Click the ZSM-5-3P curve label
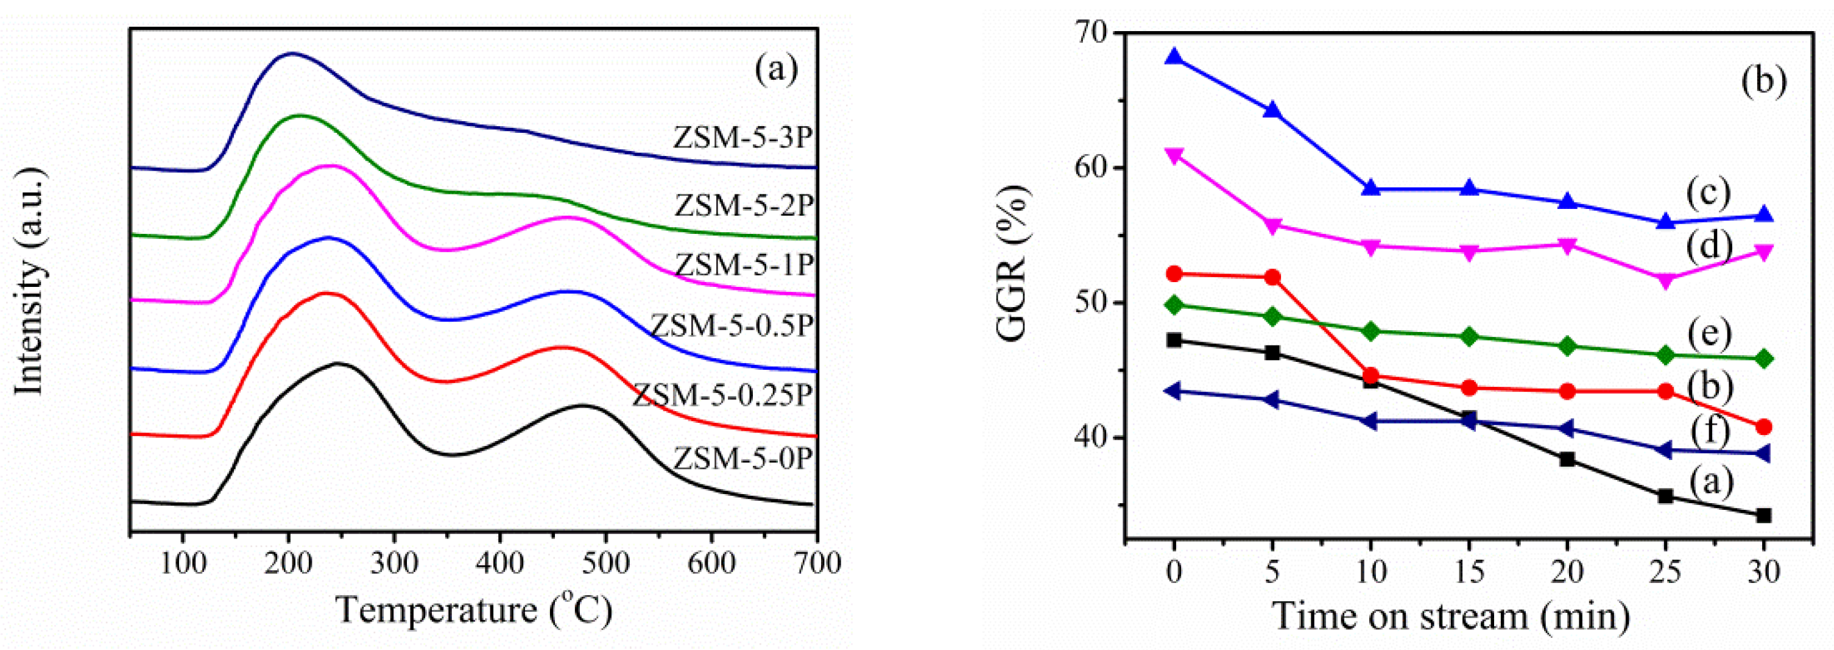coord(742,138)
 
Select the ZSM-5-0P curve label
coord(742,459)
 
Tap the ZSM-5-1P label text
coord(744,265)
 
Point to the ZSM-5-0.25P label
coord(722,394)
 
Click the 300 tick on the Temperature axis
coord(393,563)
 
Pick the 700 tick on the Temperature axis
coord(816,563)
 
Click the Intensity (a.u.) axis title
coord(30,282)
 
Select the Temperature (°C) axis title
coord(473,610)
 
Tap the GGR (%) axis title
coord(1012,263)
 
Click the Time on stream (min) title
coord(1451,616)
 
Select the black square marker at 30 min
coord(1763,515)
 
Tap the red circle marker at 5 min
coord(1272,277)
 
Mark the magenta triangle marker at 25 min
coord(1665,280)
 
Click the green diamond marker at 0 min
coord(1174,305)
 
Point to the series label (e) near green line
coord(1707,333)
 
